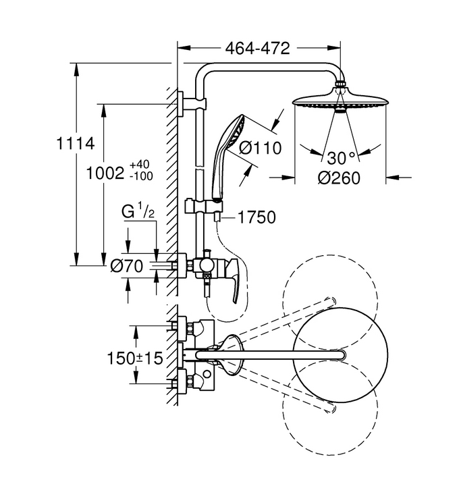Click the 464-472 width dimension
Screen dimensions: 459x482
tap(257, 48)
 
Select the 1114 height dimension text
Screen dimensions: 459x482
tap(76, 144)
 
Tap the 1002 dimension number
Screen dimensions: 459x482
tap(105, 173)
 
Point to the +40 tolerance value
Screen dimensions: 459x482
tap(140, 164)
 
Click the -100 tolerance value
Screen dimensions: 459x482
tap(141, 176)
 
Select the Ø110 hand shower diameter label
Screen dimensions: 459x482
tap(260, 148)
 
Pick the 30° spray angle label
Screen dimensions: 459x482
tap(341, 158)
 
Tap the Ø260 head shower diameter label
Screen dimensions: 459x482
tap(339, 178)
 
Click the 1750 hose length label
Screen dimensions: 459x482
tap(257, 217)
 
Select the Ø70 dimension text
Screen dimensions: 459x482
tap(127, 266)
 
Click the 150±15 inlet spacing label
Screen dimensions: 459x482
tap(134, 358)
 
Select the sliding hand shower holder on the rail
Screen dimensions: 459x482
tap(204, 206)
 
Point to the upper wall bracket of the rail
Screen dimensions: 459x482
tap(192, 103)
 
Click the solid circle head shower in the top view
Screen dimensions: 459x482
tap(340, 355)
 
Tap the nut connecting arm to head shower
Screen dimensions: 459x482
tap(340, 83)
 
